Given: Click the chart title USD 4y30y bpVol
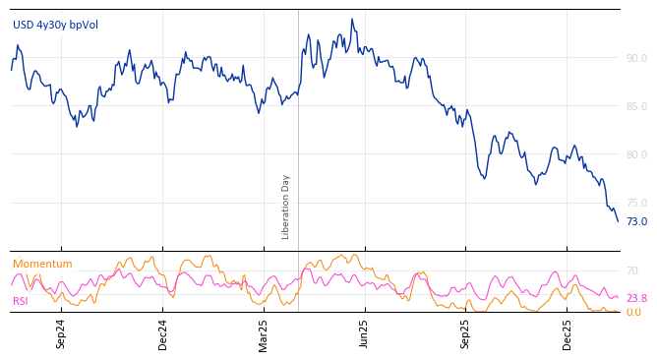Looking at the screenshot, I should click(x=55, y=25).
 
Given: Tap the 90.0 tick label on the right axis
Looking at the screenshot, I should click(x=636, y=58).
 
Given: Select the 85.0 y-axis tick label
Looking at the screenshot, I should click(x=636, y=106).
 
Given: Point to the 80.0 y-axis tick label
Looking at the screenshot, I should click(x=636, y=154).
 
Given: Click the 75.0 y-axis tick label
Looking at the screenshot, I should click(x=636, y=203).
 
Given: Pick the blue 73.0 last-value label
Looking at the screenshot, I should click(x=636, y=221).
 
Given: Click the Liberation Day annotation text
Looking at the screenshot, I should click(x=286, y=207).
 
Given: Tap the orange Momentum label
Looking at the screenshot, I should click(x=42, y=264).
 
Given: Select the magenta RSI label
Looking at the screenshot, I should click(x=21, y=301).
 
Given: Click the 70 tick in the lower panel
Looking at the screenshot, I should click(x=632, y=270).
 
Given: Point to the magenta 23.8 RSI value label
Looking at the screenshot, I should click(x=636, y=298).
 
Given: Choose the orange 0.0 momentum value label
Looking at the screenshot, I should click(x=633, y=312).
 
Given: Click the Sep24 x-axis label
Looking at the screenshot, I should click(x=61, y=333).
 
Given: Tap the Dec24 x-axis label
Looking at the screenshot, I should click(x=163, y=333).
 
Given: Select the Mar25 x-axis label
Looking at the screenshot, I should click(x=264, y=333).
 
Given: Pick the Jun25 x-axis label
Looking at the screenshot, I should click(x=365, y=333).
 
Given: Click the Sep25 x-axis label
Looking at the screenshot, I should click(x=466, y=333).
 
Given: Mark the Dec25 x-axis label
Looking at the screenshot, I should click(x=567, y=333).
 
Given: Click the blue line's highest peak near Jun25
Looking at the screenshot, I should click(x=351, y=20).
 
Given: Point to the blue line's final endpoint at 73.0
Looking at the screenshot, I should click(x=618, y=221).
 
